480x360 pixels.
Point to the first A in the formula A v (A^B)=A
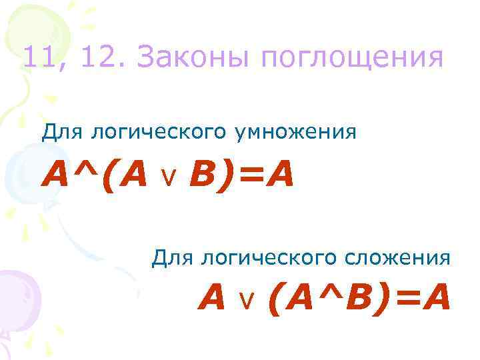pos(212,299)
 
